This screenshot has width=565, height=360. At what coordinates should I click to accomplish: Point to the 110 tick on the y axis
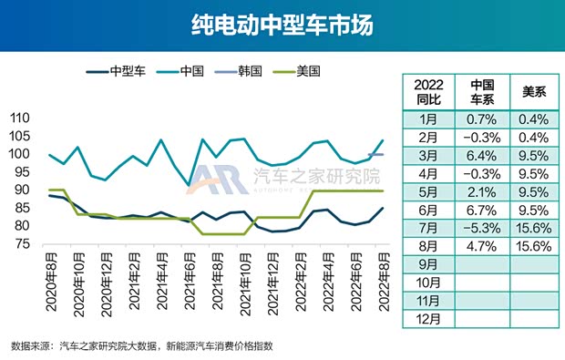click(19, 118)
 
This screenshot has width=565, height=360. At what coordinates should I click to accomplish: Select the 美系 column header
click(532, 90)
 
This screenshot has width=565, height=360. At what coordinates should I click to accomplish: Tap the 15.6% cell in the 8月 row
click(532, 246)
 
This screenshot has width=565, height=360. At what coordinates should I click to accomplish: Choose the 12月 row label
click(427, 319)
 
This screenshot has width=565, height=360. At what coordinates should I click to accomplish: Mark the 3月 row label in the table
click(427, 155)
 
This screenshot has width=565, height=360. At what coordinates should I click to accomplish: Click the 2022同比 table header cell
click(427, 90)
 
